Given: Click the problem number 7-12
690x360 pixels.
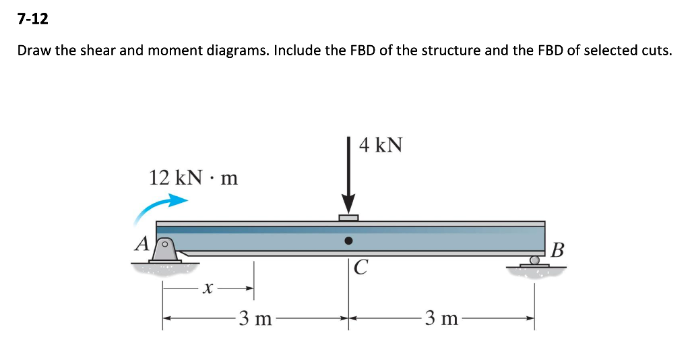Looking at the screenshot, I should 33,20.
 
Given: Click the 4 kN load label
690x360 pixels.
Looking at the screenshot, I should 381,144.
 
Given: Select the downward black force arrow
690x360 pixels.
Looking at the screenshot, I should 348,175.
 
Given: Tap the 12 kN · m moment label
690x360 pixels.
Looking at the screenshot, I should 193,178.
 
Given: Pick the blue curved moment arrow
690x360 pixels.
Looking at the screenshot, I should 160,206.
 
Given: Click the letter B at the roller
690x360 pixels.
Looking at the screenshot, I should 556,251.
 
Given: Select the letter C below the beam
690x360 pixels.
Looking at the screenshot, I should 361,268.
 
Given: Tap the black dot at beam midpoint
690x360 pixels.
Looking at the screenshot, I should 348,240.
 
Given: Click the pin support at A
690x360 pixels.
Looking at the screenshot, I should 166,251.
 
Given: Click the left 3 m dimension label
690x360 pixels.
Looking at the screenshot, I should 255,318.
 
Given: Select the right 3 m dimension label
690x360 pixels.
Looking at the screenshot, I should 441,318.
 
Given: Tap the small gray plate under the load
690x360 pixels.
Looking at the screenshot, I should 348,217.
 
